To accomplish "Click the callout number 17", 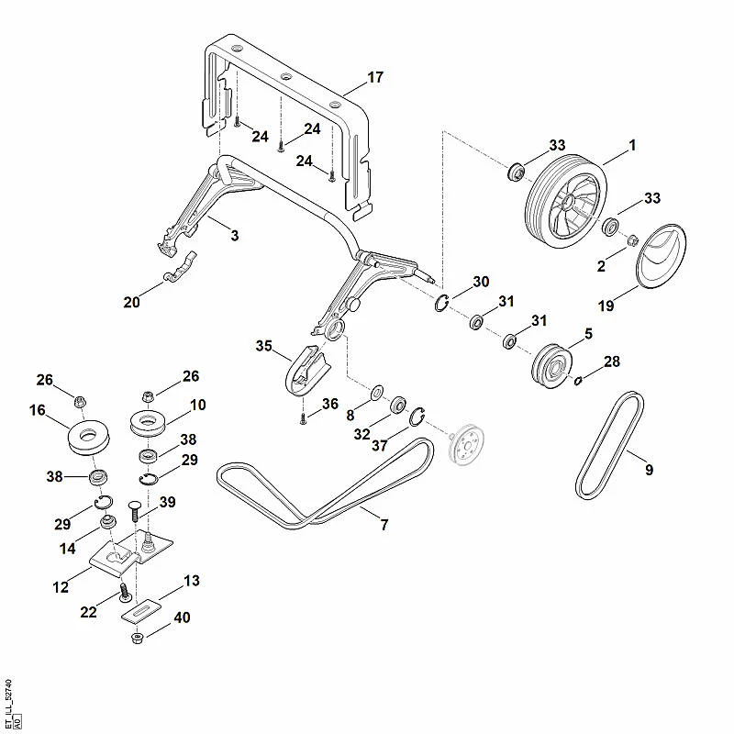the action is pyautogui.click(x=375, y=77).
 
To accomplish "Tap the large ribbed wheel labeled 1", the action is pyautogui.click(x=565, y=201).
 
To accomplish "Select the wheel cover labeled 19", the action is pyautogui.click(x=661, y=256).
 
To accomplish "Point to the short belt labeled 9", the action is pyautogui.click(x=609, y=445).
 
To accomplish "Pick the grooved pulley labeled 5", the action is pyautogui.click(x=552, y=366).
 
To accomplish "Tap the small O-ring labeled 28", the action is pyautogui.click(x=578, y=381).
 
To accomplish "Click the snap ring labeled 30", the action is pyautogui.click(x=441, y=304).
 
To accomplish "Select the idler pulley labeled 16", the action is pyautogui.click(x=88, y=438).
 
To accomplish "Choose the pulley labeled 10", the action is pyautogui.click(x=149, y=423).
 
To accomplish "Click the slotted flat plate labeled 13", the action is pyautogui.click(x=141, y=611).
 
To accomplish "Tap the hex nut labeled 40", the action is pyautogui.click(x=137, y=638).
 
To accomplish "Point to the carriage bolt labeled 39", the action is pyautogui.click(x=135, y=511).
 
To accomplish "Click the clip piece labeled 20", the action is pyautogui.click(x=180, y=268).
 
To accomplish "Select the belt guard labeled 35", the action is pyautogui.click(x=306, y=371).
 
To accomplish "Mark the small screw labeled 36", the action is pyautogui.click(x=303, y=419).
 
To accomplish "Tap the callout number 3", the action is pyautogui.click(x=235, y=236).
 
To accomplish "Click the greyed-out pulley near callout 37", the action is pyautogui.click(x=466, y=444).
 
